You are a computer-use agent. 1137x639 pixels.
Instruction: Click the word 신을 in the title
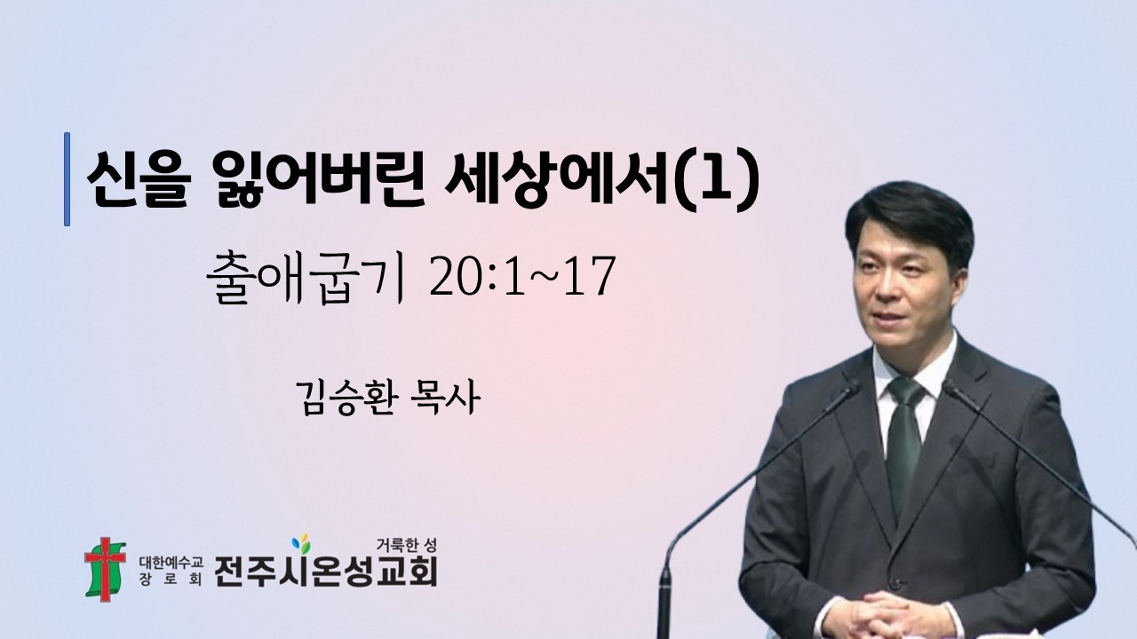[138, 181]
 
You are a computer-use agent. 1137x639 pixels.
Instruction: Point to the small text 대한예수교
[171, 561]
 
